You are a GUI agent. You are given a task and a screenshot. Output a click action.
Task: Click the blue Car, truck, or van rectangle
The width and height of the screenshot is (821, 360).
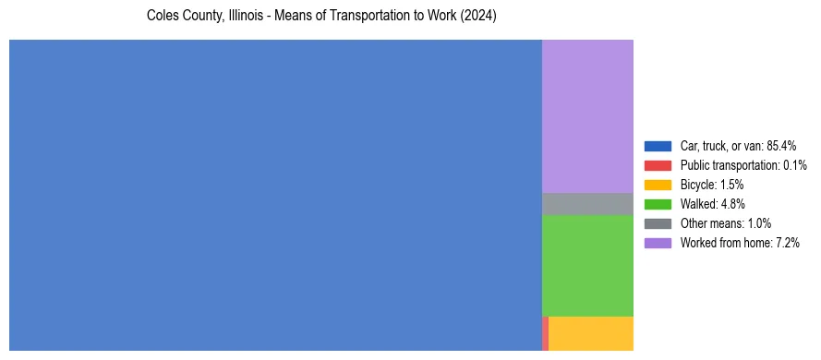coord(275,195)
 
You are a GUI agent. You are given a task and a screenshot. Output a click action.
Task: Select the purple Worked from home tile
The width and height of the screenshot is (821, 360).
coord(587,116)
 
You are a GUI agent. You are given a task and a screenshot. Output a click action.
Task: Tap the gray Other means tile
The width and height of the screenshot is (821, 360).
coord(587,203)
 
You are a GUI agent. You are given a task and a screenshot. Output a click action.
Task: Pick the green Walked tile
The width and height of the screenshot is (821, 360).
coord(587,266)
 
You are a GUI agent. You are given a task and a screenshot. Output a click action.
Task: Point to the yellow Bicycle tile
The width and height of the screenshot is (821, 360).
coord(591,333)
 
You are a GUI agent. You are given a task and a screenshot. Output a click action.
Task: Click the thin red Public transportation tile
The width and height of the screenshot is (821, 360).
coord(546,333)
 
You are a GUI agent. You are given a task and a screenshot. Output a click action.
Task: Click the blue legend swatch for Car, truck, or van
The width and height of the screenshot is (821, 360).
coord(658,146)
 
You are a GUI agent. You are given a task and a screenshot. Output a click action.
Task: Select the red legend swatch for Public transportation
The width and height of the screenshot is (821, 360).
coord(658,165)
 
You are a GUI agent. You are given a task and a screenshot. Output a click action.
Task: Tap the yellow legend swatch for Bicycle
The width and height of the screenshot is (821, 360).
coord(658,185)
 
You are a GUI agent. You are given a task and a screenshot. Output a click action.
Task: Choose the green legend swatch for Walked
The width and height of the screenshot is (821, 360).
coord(658,204)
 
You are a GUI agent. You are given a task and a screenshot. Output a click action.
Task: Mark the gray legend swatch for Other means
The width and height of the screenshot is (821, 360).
coord(658,223)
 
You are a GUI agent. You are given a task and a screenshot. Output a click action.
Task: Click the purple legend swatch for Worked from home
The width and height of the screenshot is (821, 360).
coord(658,243)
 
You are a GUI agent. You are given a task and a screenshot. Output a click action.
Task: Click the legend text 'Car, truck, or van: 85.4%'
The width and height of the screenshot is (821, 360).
coord(738,146)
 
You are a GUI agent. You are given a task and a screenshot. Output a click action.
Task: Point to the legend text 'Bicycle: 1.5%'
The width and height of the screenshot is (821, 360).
coord(712,185)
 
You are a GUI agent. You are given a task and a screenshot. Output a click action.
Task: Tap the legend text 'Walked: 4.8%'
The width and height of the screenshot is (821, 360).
coord(712,204)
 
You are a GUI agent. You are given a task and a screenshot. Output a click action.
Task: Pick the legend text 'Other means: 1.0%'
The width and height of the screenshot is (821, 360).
coord(725,223)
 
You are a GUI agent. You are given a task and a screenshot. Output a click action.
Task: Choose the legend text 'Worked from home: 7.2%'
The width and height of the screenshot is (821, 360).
coord(740,243)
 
